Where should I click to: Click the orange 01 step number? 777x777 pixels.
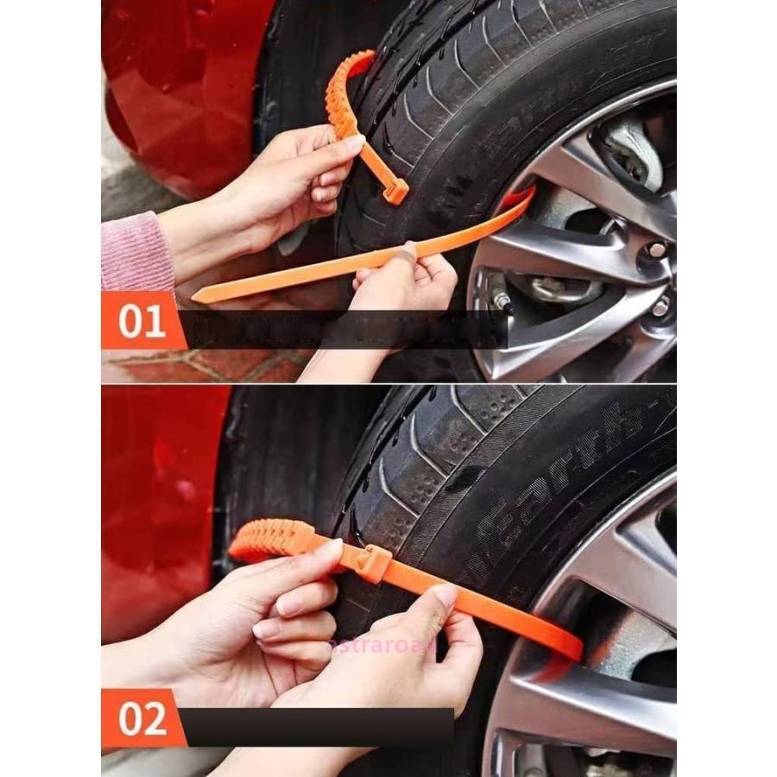(x=142, y=321)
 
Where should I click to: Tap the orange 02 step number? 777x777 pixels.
(x=142, y=718)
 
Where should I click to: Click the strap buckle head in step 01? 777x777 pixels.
(x=395, y=191)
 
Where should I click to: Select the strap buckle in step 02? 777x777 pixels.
(x=373, y=563)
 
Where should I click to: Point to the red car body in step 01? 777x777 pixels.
(x=181, y=95)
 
